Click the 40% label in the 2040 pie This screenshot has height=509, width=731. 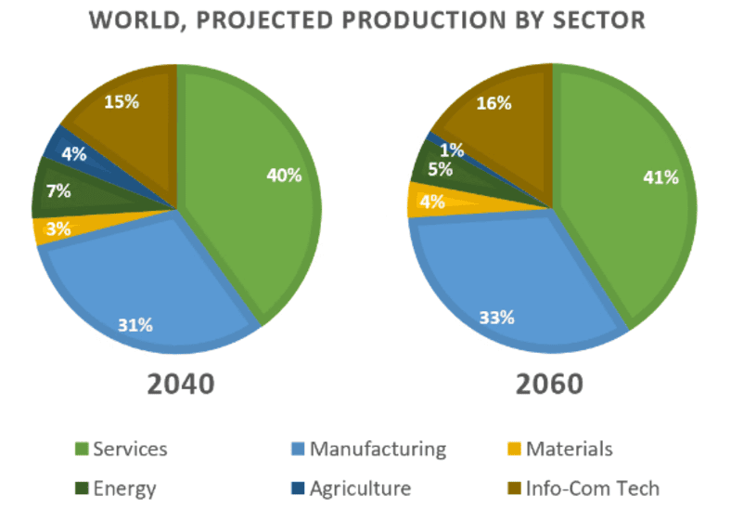tap(284, 175)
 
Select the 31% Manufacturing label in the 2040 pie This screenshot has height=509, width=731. tap(135, 325)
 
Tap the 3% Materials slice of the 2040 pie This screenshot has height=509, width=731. tap(56, 228)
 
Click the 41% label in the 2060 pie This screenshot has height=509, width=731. tap(660, 178)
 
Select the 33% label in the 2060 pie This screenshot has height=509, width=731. tap(496, 318)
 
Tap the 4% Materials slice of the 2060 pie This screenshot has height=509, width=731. tap(429, 201)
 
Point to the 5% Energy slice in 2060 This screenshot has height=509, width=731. tap(436, 170)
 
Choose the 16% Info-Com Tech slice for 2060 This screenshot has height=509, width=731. tap(493, 103)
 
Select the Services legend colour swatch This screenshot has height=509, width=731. tap(82, 450)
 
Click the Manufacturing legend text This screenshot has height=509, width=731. tap(378, 450)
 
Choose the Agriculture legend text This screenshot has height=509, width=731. tap(360, 488)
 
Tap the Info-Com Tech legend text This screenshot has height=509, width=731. tap(593, 488)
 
